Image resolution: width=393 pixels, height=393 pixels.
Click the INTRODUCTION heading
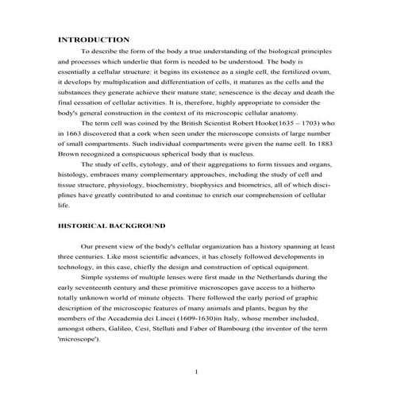[x=94, y=40]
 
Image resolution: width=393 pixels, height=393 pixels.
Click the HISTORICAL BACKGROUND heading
[x=112, y=225]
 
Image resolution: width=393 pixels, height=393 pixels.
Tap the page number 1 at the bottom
[x=196, y=371]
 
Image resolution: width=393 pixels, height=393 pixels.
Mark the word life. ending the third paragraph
[x=65, y=205]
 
